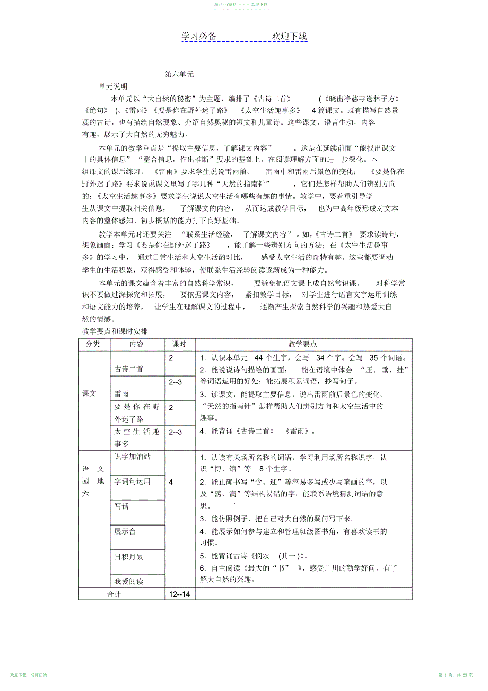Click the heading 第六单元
[x=179, y=75]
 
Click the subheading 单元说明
[x=112, y=86]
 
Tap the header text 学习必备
[x=199, y=37]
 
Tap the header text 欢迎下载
[x=289, y=37]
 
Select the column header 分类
[x=93, y=344]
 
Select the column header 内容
[x=137, y=344]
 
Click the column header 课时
[x=179, y=344]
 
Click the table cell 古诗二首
[x=129, y=369]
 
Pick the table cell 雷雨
[x=121, y=394]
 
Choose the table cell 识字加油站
[x=133, y=457]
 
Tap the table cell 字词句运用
[x=133, y=482]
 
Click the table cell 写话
[x=121, y=506]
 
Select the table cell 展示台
[x=125, y=531]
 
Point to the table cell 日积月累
[x=129, y=557]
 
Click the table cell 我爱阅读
[x=129, y=581]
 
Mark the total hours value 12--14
[x=179, y=594]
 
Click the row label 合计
[x=114, y=594]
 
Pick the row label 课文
[x=90, y=394]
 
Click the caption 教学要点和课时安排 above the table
[x=115, y=331]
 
